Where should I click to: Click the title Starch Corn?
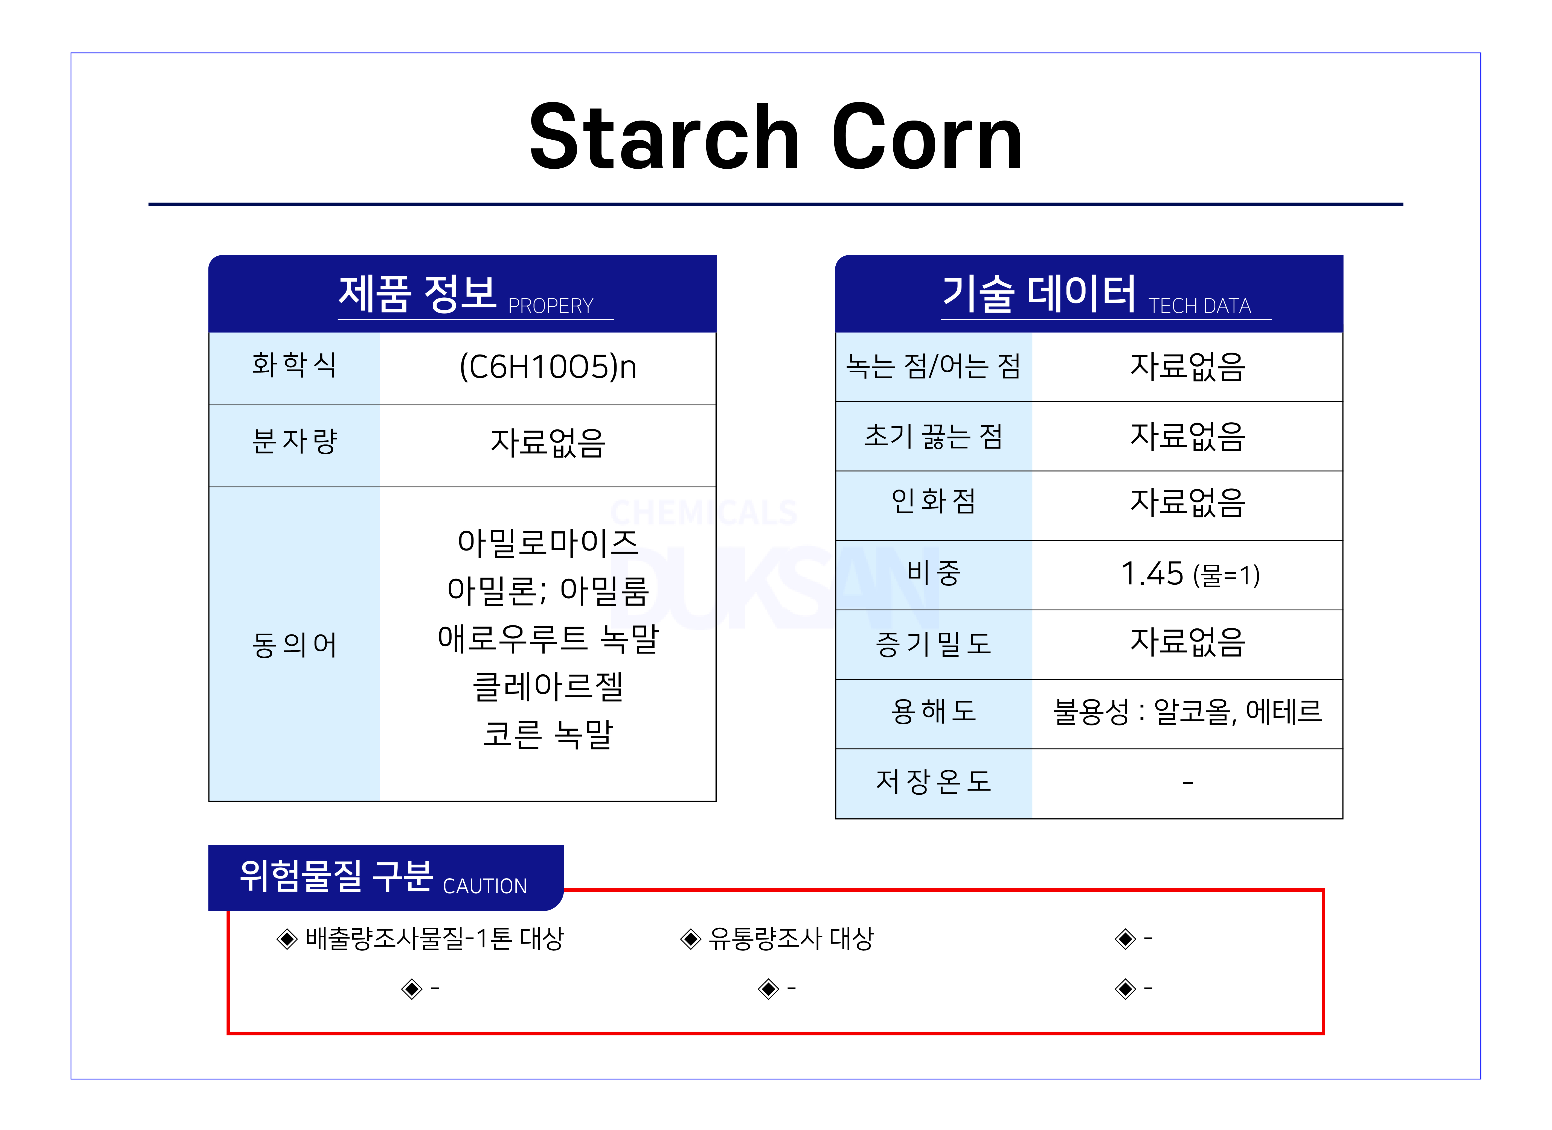tap(776, 137)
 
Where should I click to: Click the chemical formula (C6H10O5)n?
tap(547, 367)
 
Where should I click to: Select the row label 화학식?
tap(294, 365)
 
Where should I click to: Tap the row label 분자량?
tap(294, 441)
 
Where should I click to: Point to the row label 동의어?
tap(294, 644)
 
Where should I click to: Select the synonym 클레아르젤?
tap(547, 686)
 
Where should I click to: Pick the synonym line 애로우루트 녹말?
tap(547, 638)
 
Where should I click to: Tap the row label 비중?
tap(933, 573)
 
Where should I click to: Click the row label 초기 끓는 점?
tap(933, 436)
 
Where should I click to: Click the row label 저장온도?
tap(933, 781)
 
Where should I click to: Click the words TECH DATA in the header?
tap(1200, 306)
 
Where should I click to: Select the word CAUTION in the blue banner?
tap(485, 886)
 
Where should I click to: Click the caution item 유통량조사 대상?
tap(791, 938)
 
